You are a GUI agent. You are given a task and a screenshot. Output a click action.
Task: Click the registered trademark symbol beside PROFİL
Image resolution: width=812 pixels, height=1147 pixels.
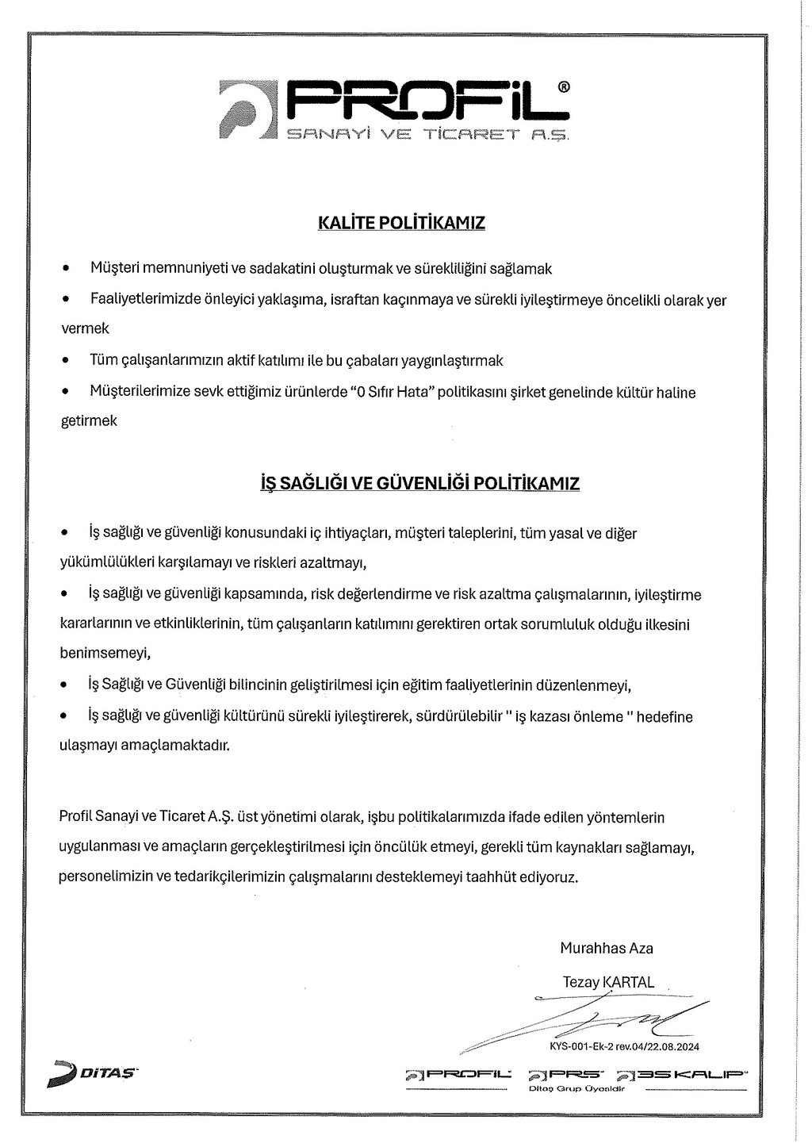563,86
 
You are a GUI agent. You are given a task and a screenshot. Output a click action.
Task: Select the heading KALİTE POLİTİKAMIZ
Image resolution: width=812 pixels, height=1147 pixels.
401,222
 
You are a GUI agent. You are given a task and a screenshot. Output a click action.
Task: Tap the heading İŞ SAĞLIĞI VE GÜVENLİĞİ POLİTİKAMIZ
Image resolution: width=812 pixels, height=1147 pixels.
420,483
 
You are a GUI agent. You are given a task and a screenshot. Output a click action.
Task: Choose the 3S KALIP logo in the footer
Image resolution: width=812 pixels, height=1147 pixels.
683,1075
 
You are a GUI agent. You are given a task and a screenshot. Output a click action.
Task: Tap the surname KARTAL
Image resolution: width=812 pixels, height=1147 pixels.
629,982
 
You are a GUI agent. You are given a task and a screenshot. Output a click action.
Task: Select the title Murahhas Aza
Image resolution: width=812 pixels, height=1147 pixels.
607,948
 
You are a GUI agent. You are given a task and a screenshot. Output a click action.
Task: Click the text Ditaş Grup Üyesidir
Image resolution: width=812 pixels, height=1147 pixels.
576,1088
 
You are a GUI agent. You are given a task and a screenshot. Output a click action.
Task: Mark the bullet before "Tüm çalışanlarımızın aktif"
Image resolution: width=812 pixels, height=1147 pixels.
66,360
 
